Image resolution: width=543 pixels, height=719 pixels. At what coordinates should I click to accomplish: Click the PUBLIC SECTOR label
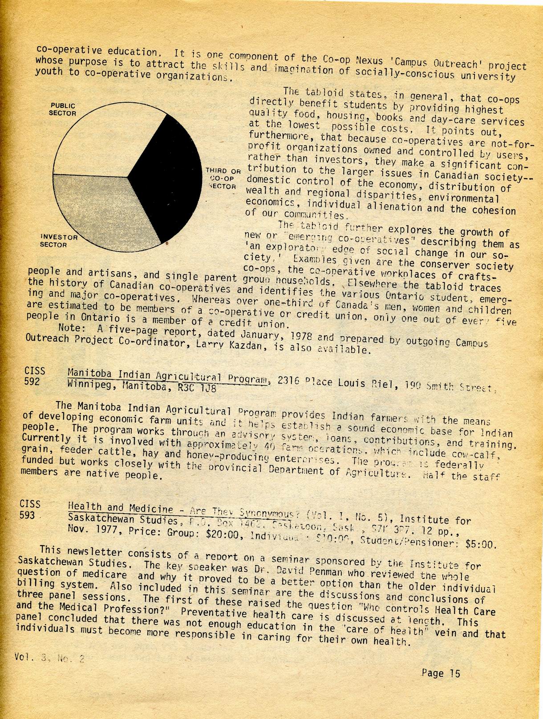pyautogui.click(x=62, y=109)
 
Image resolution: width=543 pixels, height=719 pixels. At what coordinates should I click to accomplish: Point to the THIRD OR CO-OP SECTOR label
pyautogui.click(x=223, y=178)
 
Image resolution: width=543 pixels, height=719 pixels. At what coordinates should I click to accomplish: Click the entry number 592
pyautogui.click(x=32, y=381)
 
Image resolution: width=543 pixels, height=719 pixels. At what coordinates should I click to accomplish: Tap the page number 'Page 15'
pyautogui.click(x=441, y=673)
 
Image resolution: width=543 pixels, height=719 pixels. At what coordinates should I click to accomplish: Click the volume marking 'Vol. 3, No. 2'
pyautogui.click(x=49, y=658)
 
